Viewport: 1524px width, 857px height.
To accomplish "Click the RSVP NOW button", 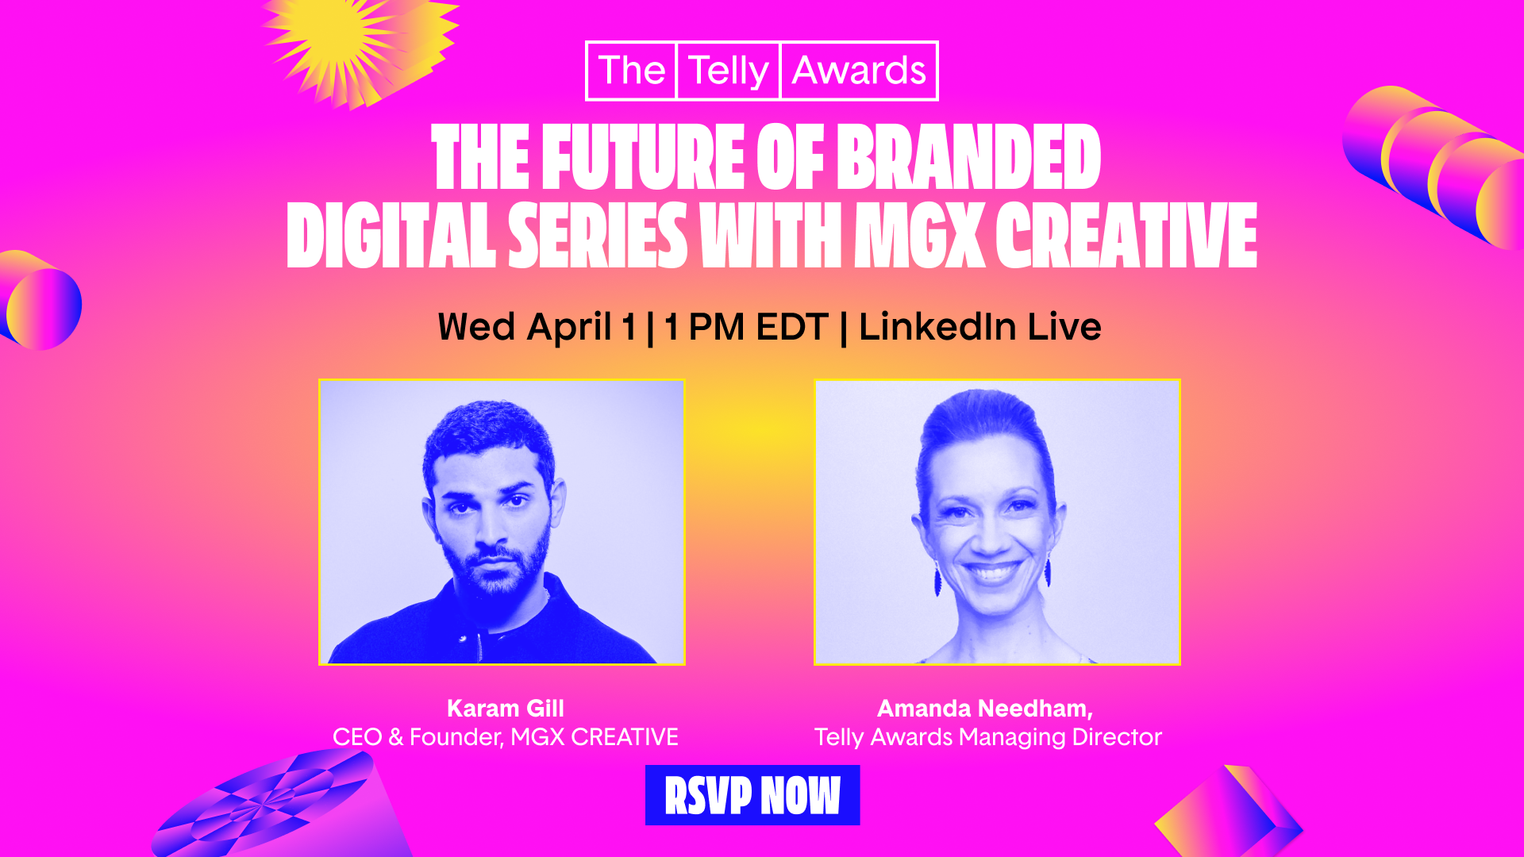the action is pos(752,795).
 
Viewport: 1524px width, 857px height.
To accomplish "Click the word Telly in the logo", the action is pos(729,71).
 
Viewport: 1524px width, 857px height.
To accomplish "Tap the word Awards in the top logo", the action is pos(859,71).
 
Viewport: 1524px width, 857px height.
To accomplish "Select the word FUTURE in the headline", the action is pos(643,157).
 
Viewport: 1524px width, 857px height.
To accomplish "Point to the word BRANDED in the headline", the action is pos(969,157).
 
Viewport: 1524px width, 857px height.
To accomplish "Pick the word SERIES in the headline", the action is pos(598,235).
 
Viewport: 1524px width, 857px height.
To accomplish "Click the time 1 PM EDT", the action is pos(746,327).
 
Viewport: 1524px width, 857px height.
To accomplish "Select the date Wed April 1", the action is pos(537,327).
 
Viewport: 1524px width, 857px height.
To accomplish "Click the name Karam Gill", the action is pos(506,708).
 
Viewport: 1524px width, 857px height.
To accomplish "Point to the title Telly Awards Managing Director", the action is pos(988,737).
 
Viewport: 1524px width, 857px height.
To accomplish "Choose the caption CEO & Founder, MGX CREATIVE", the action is pos(506,737).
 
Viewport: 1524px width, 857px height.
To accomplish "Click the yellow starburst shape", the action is pos(357,48).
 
